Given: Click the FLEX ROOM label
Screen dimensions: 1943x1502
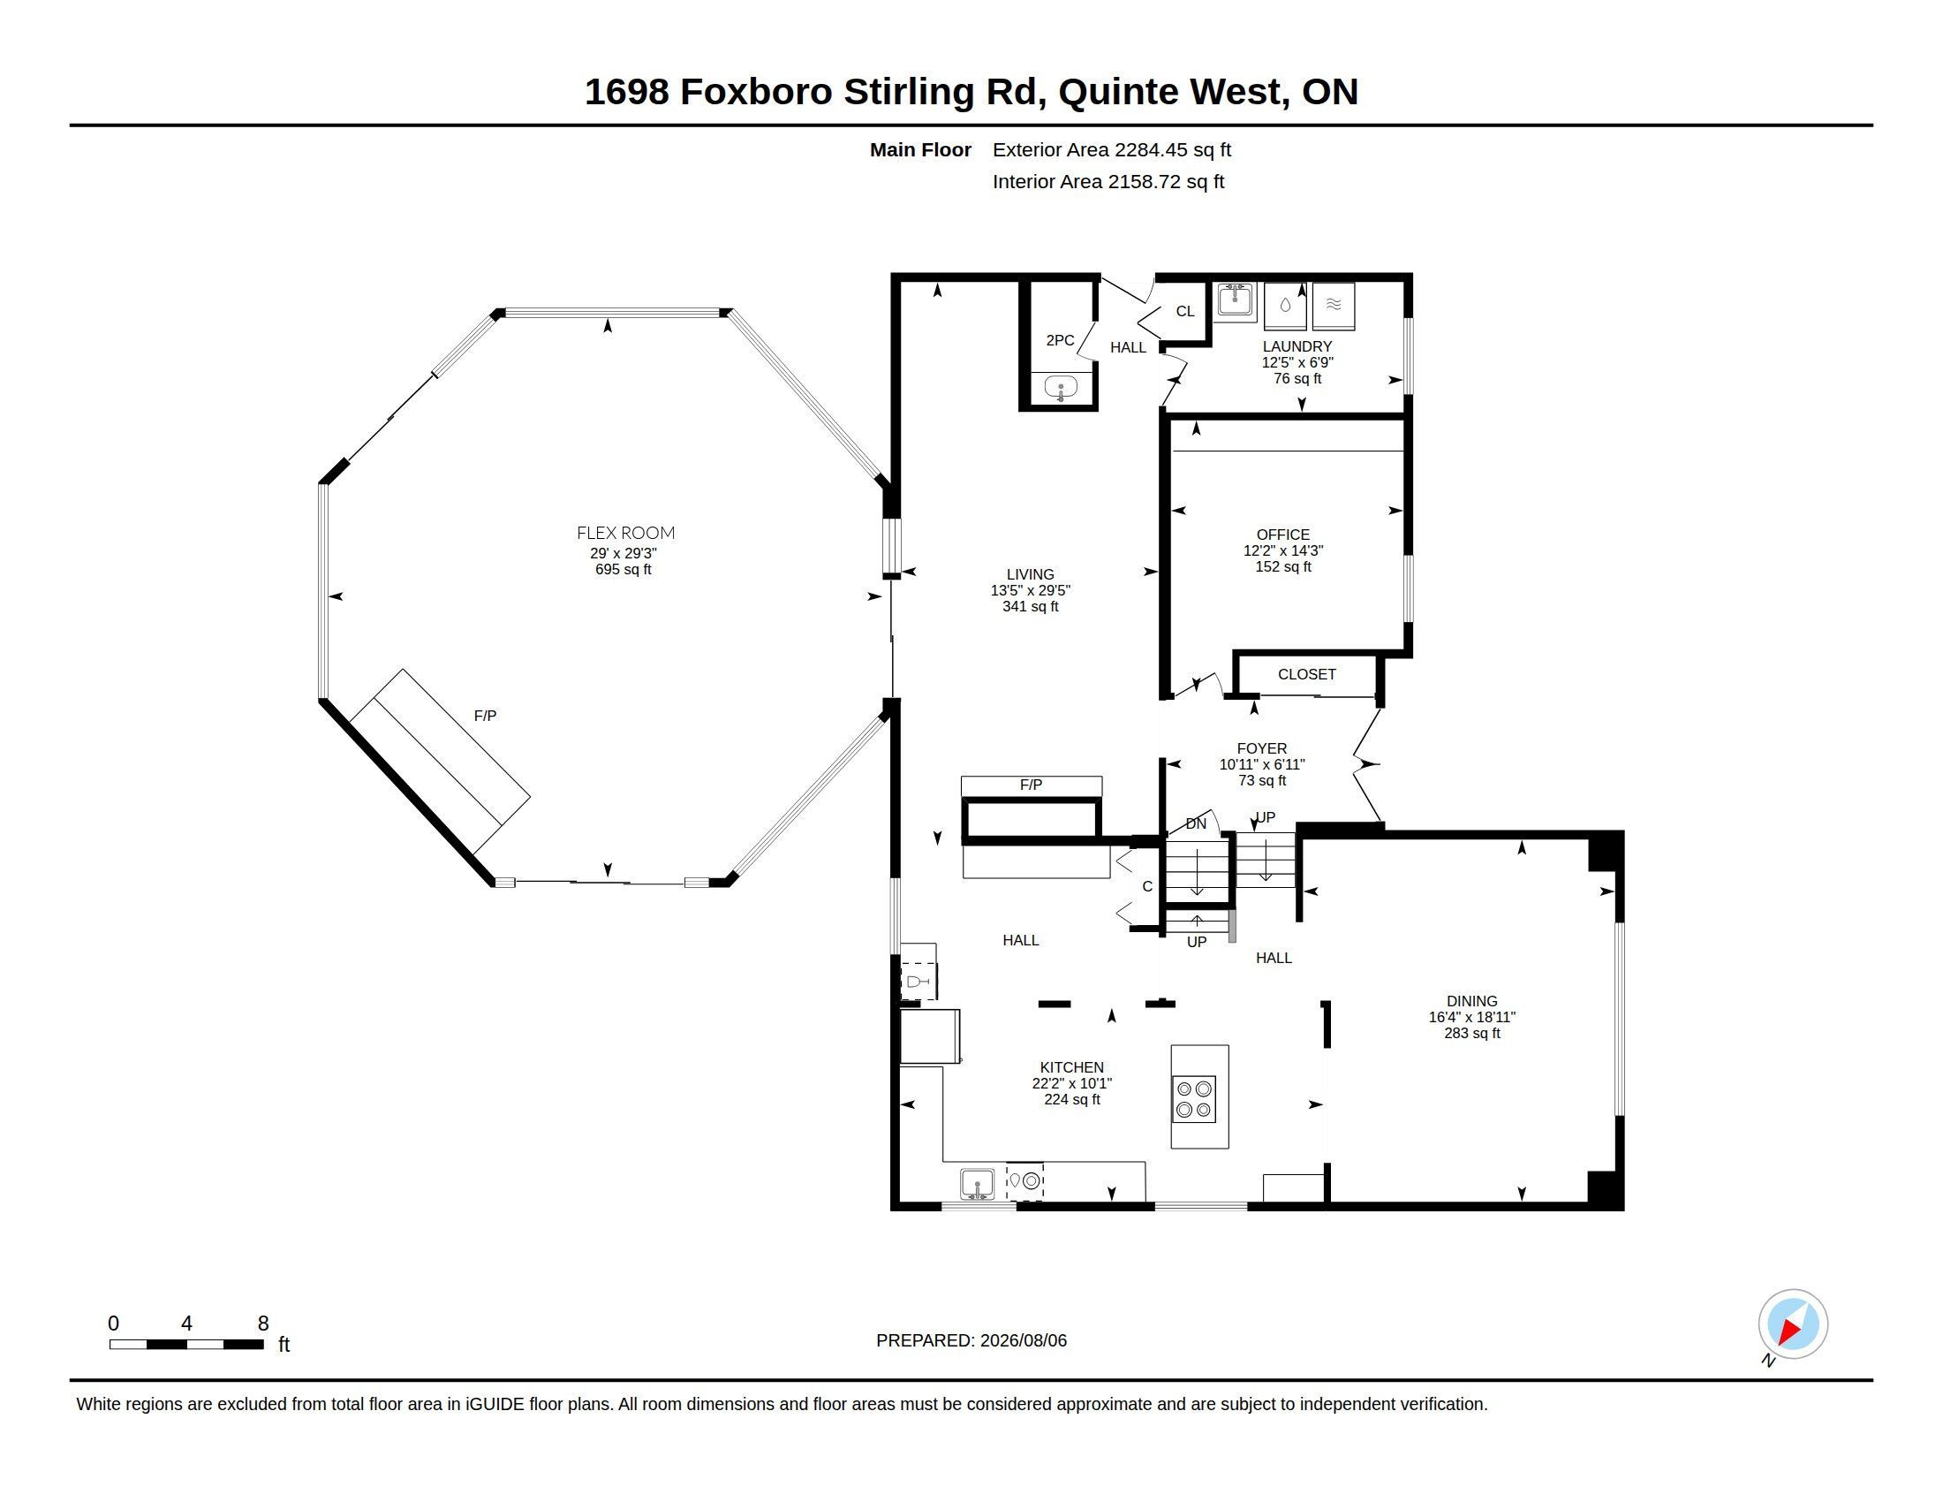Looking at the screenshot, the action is coord(625,533).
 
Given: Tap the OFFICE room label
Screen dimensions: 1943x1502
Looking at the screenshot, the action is coord(1283,535).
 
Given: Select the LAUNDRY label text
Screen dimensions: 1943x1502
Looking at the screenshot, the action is coord(1297,346).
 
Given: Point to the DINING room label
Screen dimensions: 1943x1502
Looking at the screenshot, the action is coord(1471,1001).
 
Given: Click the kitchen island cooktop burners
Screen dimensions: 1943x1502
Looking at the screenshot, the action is coord(1194,1099).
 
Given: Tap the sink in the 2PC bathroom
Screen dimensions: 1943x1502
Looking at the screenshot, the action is coord(1061,388).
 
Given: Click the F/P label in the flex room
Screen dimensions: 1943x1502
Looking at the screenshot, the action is coord(485,716).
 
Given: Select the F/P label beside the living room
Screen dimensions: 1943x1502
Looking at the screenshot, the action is coord(1031,785).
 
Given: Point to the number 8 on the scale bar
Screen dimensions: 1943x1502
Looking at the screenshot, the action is coord(263,1324).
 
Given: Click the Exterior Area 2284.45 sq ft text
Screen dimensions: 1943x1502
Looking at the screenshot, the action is coord(1112,149).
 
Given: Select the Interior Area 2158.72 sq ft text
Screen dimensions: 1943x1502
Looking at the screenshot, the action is coord(1108,181).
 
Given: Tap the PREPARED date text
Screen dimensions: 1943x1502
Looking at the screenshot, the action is coord(971,1340).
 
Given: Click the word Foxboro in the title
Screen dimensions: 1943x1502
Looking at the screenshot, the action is coord(756,92).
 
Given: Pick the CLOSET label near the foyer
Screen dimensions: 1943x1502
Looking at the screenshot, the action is coord(1307,674).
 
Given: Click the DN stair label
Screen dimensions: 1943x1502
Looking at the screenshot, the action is coord(1196,824).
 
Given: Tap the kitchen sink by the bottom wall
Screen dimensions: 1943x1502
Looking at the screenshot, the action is coord(978,1184).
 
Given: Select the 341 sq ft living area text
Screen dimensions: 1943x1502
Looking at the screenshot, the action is coord(1030,607).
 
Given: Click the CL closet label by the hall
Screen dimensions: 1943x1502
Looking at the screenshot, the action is coord(1185,311).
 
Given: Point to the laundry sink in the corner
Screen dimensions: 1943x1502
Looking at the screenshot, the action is coord(1235,300).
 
